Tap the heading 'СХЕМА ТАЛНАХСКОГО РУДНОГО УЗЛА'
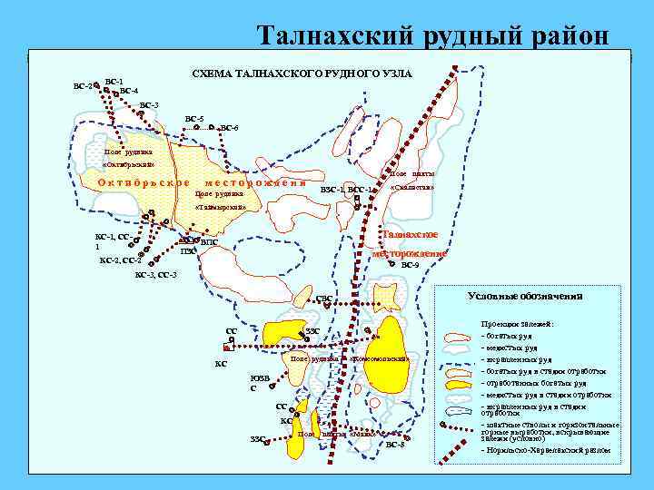point(300,73)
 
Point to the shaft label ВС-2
point(82,86)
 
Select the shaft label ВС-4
point(128,91)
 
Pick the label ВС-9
point(410,265)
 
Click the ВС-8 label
point(395,444)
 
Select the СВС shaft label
point(323,298)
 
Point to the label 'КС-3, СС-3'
point(155,274)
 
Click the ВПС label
point(208,242)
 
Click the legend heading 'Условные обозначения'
point(524,296)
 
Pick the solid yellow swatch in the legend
point(460,383)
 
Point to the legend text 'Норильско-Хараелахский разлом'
point(545,450)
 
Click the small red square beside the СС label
point(226,347)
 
